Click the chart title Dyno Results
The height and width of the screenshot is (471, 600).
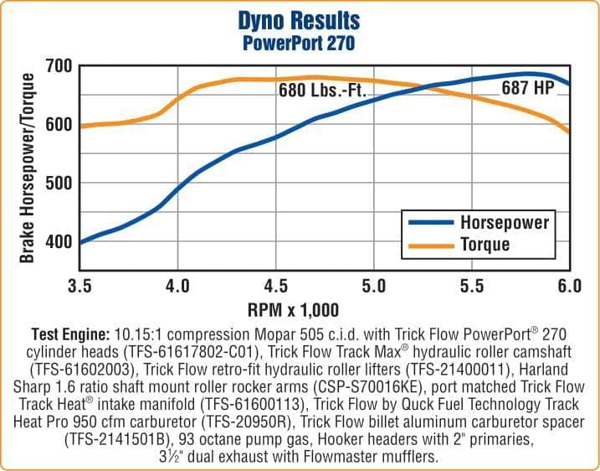tap(299, 19)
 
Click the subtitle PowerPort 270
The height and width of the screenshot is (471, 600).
tap(299, 40)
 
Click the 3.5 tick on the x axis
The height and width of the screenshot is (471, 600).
tap(79, 287)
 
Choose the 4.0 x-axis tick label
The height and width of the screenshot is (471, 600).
tap(177, 287)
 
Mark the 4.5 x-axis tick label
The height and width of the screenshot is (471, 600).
tap(275, 287)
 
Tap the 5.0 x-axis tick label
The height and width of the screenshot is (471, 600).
tap(373, 287)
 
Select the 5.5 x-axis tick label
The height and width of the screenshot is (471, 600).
tap(471, 287)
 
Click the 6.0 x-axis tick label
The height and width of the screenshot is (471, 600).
tap(569, 287)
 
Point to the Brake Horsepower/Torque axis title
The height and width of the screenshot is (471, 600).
tap(27, 168)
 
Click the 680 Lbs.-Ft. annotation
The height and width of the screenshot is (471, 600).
tap(323, 90)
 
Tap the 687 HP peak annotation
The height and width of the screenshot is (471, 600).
tap(528, 87)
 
